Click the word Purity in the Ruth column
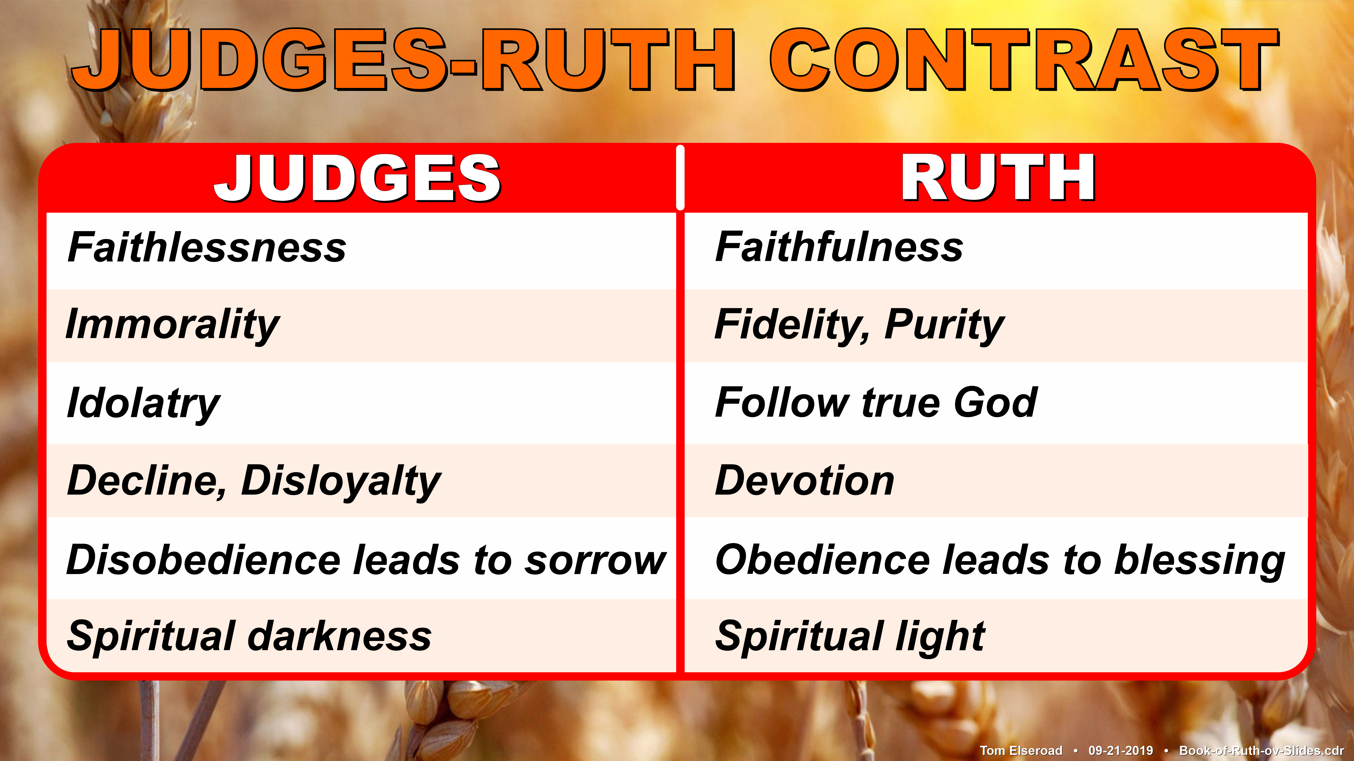[x=945, y=326]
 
